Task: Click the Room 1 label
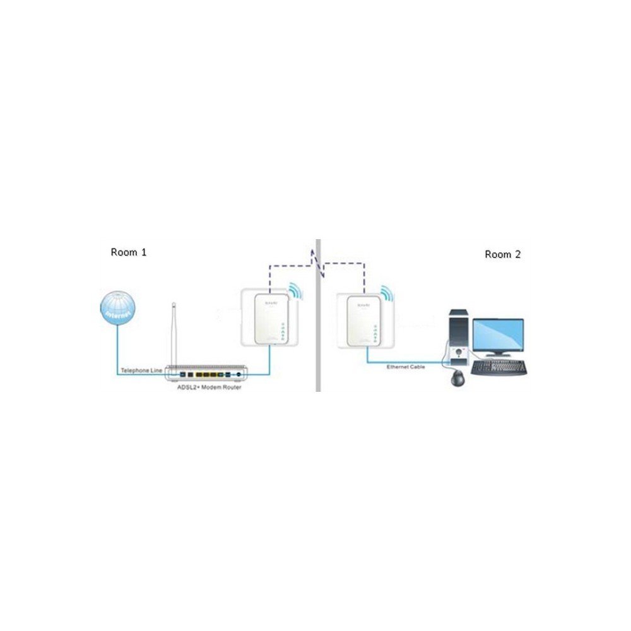click(x=129, y=252)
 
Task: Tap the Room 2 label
click(x=503, y=254)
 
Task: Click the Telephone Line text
click(x=142, y=370)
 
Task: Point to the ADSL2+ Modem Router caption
click(x=209, y=387)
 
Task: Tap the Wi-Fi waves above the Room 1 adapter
click(x=295, y=292)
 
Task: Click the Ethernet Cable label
click(x=406, y=367)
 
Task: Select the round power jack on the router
click(x=239, y=375)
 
